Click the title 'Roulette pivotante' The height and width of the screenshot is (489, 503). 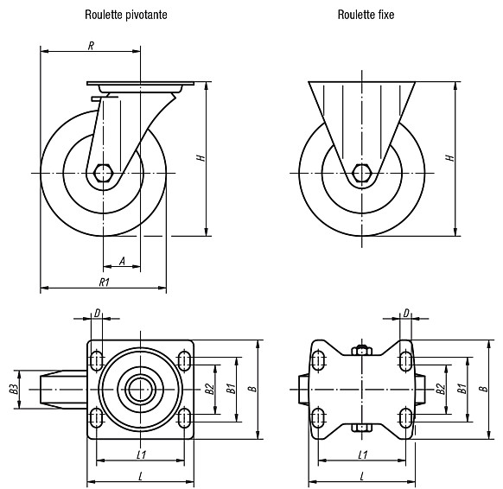[x=126, y=15]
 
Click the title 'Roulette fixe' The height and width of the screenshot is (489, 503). [x=366, y=15]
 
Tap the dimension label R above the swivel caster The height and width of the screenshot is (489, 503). [x=91, y=46]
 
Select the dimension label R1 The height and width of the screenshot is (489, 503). [x=105, y=283]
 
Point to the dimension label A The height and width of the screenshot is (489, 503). [x=122, y=261]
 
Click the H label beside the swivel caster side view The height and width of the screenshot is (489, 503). [x=201, y=158]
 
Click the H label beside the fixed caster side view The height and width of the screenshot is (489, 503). [x=450, y=158]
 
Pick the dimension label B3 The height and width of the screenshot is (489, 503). [x=13, y=389]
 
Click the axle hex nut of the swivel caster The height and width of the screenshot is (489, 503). [x=103, y=173]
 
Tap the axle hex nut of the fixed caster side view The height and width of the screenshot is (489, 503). [x=362, y=173]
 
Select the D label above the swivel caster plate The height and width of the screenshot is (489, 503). [x=98, y=313]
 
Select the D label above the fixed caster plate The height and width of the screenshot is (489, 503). [x=406, y=313]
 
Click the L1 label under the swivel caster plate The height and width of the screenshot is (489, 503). [x=142, y=454]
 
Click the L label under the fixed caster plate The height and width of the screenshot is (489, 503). [x=362, y=477]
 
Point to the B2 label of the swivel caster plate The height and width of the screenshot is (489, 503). [x=210, y=389]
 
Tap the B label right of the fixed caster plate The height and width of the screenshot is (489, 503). [x=483, y=389]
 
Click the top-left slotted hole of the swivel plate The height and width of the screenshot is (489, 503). [x=96, y=360]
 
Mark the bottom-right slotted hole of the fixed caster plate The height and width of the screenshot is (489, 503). [x=406, y=418]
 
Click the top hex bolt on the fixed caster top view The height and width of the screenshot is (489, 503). [x=362, y=350]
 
